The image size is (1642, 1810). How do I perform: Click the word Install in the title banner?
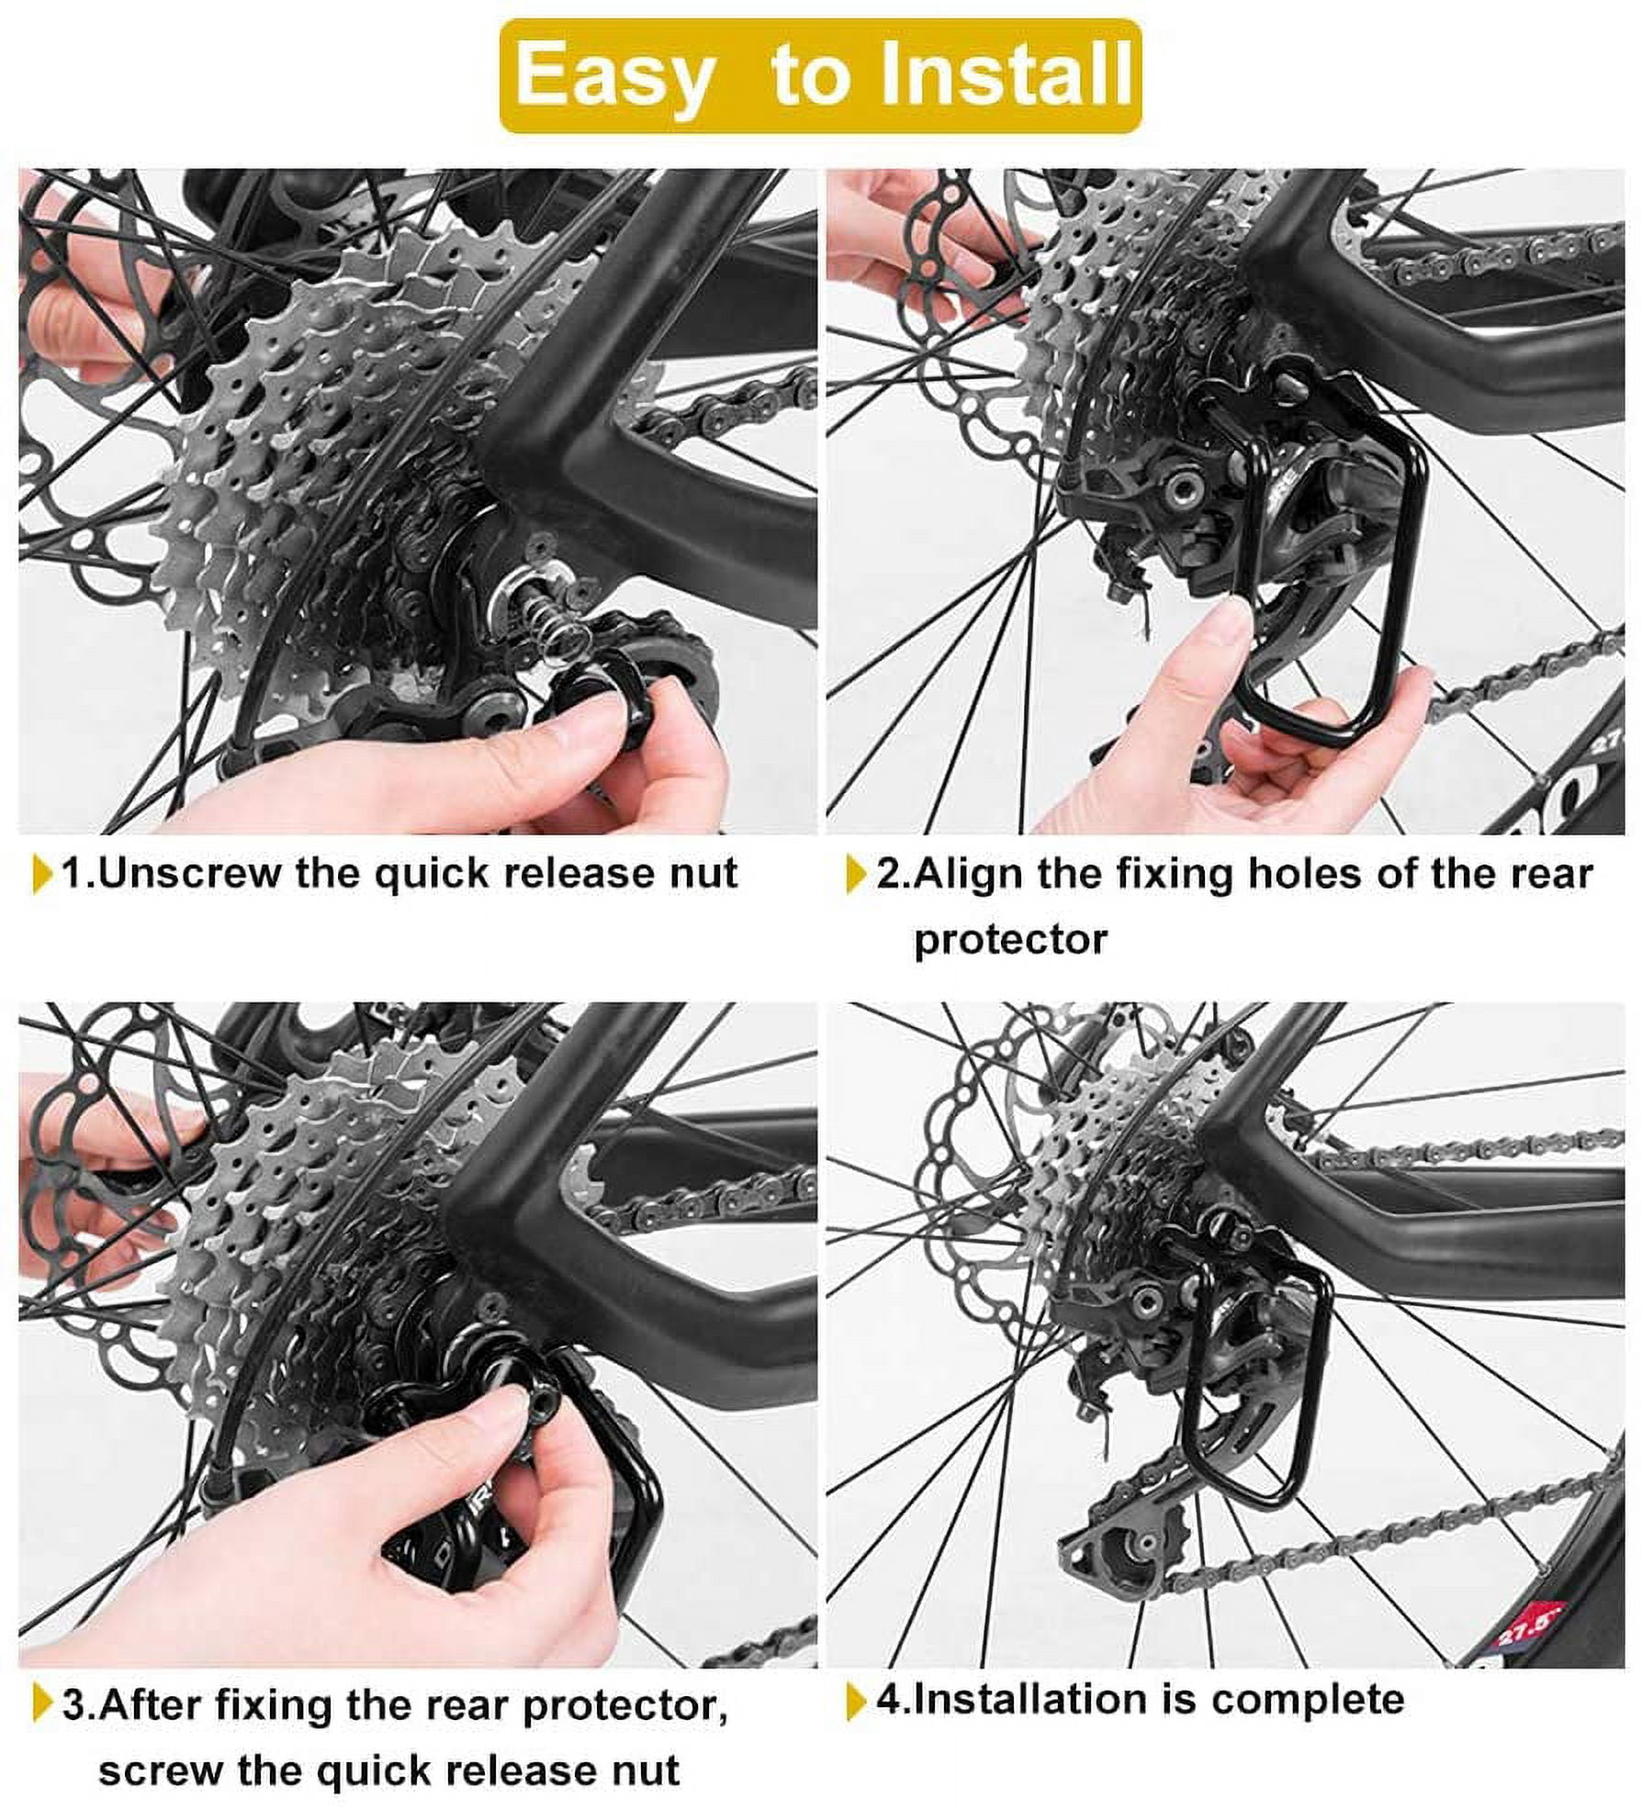[x=1006, y=75]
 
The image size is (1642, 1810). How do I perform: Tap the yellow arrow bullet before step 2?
[x=855, y=874]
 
